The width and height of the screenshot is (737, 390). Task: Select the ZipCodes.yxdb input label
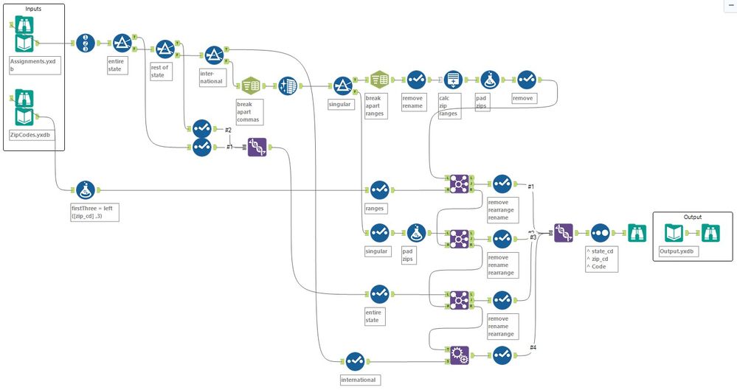tap(31, 135)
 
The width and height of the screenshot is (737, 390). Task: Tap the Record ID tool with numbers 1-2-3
tap(86, 44)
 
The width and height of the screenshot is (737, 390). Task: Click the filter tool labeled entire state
tap(122, 44)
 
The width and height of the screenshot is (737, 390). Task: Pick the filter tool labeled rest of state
tap(165, 49)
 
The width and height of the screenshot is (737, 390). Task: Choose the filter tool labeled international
tap(213, 55)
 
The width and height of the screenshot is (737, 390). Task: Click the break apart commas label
tap(248, 111)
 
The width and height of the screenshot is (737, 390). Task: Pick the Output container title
tap(691, 217)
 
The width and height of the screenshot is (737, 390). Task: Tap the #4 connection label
tap(533, 347)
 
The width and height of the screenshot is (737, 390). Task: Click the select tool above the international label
tap(354, 361)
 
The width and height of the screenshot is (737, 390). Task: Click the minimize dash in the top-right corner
tap(730, 5)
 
